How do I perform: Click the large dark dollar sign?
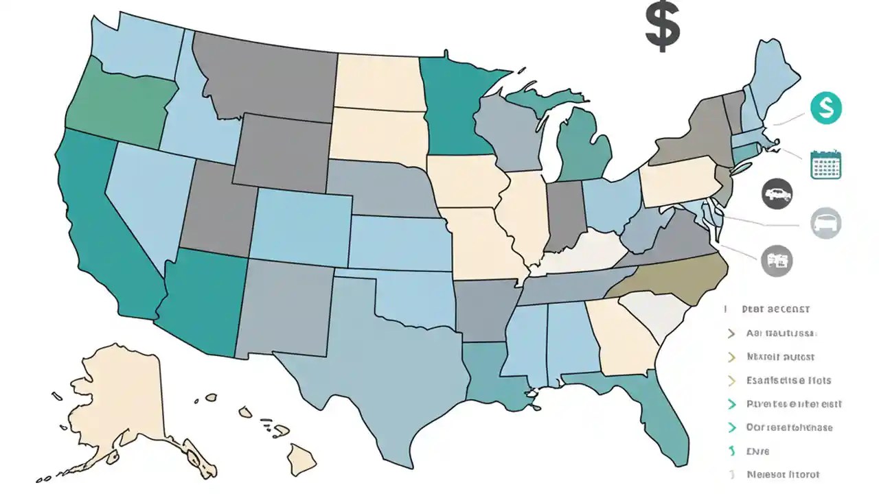click(x=663, y=26)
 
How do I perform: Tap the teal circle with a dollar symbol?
click(x=825, y=108)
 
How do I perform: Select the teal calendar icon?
click(x=826, y=164)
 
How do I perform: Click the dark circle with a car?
click(x=777, y=194)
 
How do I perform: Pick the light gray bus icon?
click(x=825, y=223)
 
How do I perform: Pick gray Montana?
click(x=264, y=75)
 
